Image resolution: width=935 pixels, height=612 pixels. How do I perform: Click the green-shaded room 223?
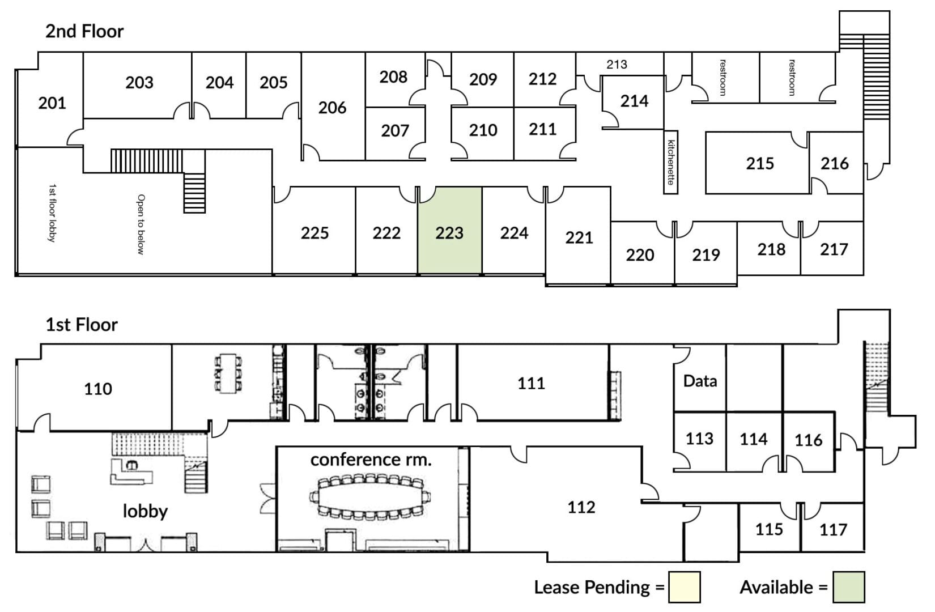pos(450,231)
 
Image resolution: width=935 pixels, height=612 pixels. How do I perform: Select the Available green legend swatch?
pos(849,587)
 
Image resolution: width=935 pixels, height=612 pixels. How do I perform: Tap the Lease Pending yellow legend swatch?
pos(684,587)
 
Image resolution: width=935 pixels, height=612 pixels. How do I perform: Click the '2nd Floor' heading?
pos(84,31)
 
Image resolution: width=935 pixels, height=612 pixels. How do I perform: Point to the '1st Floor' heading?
pos(82,324)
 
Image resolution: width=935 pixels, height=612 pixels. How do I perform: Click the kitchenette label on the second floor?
pos(671,163)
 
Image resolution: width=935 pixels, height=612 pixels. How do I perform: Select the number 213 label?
pos(617,64)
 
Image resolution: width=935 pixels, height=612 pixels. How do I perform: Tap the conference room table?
pos(370,497)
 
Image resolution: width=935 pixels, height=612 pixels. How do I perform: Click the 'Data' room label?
pos(700,381)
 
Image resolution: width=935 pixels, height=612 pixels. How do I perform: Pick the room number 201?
pos(52,103)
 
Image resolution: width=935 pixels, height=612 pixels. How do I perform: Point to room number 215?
pos(760,163)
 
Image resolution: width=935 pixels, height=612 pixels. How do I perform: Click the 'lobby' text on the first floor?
pos(145,511)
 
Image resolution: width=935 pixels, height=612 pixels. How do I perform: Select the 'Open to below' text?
pos(141,224)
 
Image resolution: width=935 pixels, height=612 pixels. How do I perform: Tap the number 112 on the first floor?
pos(581,507)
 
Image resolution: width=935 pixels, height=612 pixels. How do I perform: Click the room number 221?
pos(579,237)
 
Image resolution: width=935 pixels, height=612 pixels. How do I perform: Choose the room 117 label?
pos(833,530)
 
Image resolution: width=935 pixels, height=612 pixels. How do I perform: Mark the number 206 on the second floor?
pos(332,108)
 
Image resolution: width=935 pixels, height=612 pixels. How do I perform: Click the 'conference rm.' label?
pos(371,460)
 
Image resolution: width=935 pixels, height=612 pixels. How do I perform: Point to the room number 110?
pos(98,389)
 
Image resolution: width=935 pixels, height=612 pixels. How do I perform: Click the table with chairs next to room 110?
pos(228,373)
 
